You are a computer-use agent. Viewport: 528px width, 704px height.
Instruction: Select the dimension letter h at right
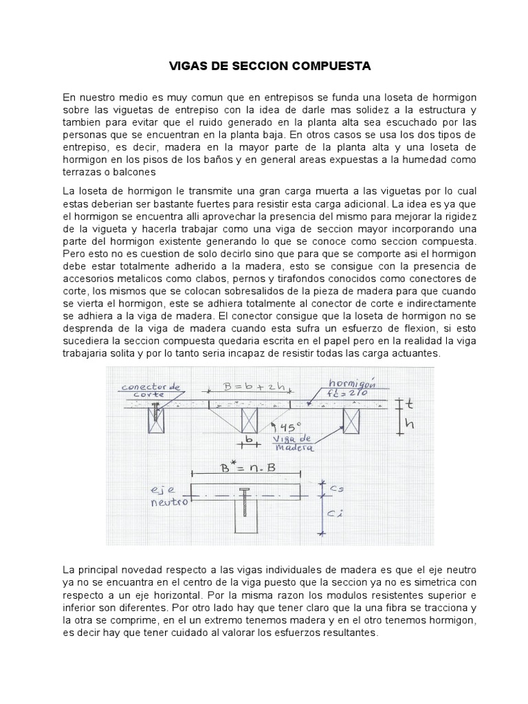(x=410, y=425)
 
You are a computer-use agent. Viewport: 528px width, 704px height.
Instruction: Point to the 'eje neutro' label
(x=169, y=496)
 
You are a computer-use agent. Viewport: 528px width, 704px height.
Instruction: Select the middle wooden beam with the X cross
(x=249, y=421)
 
